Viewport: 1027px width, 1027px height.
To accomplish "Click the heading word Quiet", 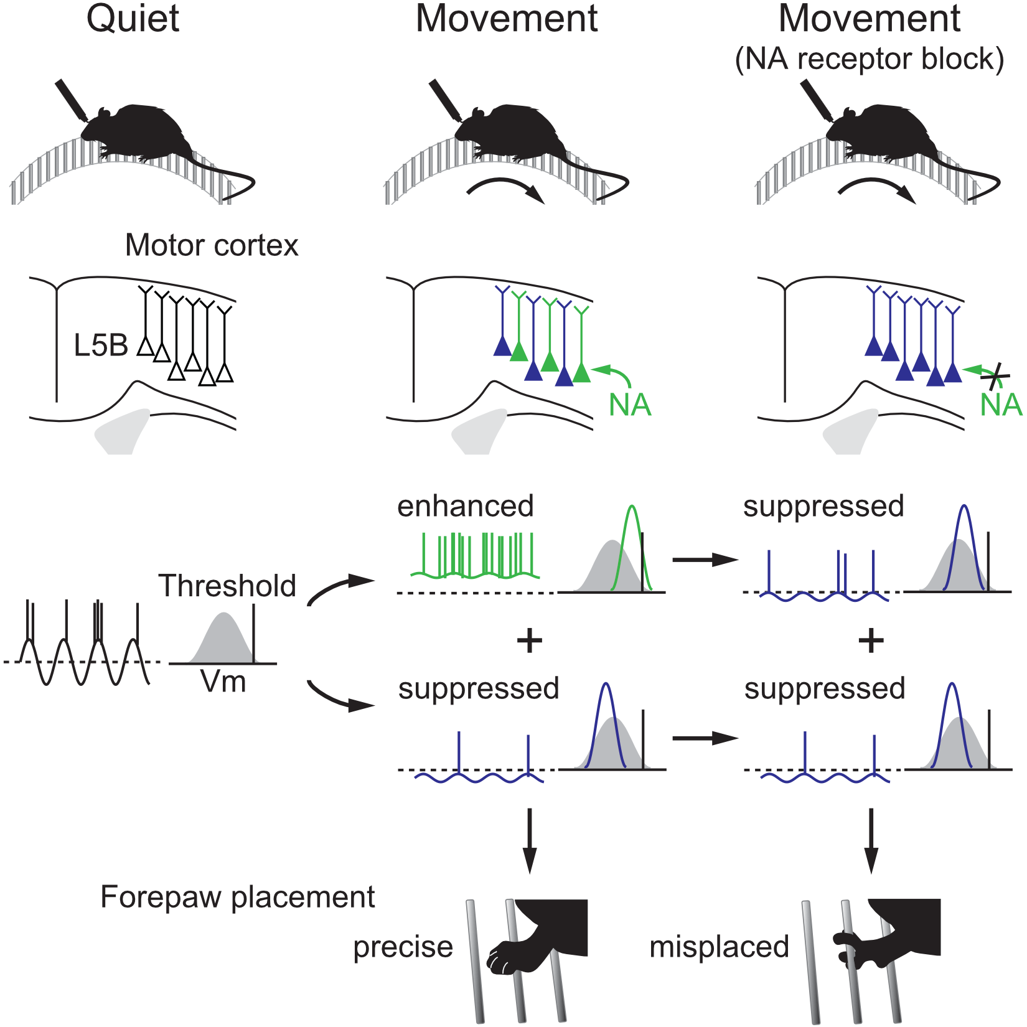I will point(133,19).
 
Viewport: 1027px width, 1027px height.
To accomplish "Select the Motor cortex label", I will point(212,245).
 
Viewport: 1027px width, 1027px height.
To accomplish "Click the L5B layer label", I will point(101,345).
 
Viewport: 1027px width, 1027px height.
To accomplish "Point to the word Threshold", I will point(227,586).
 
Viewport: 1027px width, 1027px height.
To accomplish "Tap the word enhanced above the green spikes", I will point(466,506).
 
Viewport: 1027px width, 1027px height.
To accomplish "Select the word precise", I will point(403,947).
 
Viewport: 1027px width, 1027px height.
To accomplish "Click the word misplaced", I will point(719,947).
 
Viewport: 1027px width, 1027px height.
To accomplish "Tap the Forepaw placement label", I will point(237,897).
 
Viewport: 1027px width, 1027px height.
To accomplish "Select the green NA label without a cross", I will point(630,405).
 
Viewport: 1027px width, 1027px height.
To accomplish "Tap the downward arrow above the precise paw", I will point(529,840).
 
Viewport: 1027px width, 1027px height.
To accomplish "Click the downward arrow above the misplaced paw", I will point(871,840).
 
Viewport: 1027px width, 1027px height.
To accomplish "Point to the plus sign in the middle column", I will point(530,640).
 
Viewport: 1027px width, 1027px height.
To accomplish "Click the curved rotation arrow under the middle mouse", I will point(505,189).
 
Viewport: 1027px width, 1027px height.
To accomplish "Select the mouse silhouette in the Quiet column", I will point(137,131).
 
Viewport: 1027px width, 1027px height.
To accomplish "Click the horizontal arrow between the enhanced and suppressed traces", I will point(705,560).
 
